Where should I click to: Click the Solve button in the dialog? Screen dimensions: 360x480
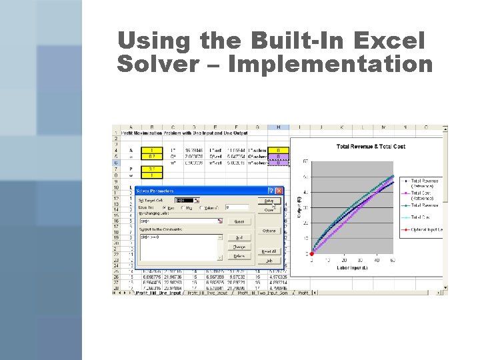(x=269, y=200)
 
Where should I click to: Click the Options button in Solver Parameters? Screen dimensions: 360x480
(x=269, y=231)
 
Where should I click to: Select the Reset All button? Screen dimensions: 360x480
(x=269, y=251)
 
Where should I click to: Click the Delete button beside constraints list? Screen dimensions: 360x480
(x=239, y=256)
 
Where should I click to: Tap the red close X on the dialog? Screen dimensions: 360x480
(x=279, y=191)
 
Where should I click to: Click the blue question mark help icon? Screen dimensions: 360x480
(x=271, y=191)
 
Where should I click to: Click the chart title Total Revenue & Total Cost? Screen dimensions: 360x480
(x=371, y=146)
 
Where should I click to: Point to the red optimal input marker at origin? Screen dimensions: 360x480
(x=311, y=254)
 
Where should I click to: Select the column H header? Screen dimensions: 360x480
(x=277, y=127)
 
